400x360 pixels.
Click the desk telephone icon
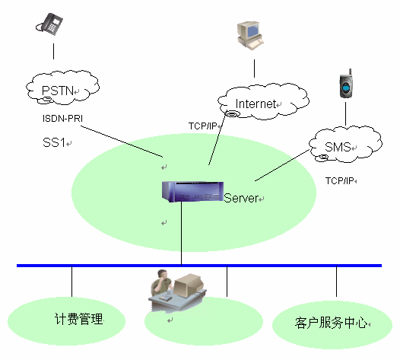pyautogui.click(x=49, y=24)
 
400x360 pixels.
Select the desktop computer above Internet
pyautogui.click(x=250, y=35)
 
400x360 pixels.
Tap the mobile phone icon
pyautogui.click(x=346, y=84)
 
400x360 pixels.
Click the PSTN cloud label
pyautogui.click(x=58, y=91)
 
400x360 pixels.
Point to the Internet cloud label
pyautogui.click(x=256, y=104)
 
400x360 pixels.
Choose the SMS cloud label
pyautogui.click(x=338, y=147)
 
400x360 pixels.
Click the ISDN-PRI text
pyautogui.click(x=62, y=119)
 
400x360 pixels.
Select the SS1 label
pyautogui.click(x=54, y=142)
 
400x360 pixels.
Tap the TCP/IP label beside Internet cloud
pyautogui.click(x=202, y=126)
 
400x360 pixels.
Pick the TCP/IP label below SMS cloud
pyautogui.click(x=339, y=181)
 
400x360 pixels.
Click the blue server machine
pyautogui.click(x=192, y=192)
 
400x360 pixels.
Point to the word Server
pyautogui.click(x=241, y=198)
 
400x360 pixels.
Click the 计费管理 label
pyautogui.click(x=78, y=319)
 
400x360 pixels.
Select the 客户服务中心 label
pyautogui.click(x=331, y=323)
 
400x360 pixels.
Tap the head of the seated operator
pyautogui.click(x=162, y=274)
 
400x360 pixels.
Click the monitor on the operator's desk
pyautogui.click(x=189, y=285)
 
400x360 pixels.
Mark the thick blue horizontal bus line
pyautogui.click(x=199, y=266)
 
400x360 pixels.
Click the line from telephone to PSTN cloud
pyautogui.click(x=53, y=51)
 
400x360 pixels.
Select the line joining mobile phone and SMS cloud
pyautogui.click(x=346, y=114)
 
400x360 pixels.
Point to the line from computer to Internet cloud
pyautogui.click(x=254, y=68)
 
